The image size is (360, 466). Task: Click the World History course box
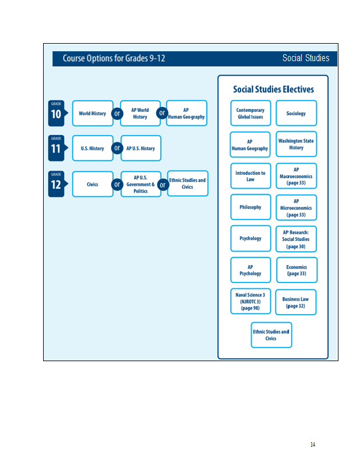click(93, 113)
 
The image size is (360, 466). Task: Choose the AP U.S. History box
click(141, 148)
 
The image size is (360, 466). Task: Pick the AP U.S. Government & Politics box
click(141, 184)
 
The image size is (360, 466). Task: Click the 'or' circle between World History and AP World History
click(117, 113)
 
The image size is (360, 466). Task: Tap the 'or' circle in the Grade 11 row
click(117, 148)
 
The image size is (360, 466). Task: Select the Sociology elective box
click(296, 113)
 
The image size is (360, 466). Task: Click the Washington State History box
click(296, 144)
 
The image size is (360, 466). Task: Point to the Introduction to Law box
click(250, 176)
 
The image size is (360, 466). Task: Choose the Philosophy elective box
click(250, 207)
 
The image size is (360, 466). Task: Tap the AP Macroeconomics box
click(296, 176)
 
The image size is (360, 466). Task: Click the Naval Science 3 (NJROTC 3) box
click(250, 301)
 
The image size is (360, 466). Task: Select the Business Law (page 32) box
click(296, 302)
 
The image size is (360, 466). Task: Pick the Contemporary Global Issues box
click(250, 113)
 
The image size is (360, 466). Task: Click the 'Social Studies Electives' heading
click(273, 89)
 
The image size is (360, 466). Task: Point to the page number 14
click(313, 444)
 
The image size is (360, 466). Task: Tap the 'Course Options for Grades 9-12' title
click(114, 58)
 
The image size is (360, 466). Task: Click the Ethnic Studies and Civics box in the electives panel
click(271, 335)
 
